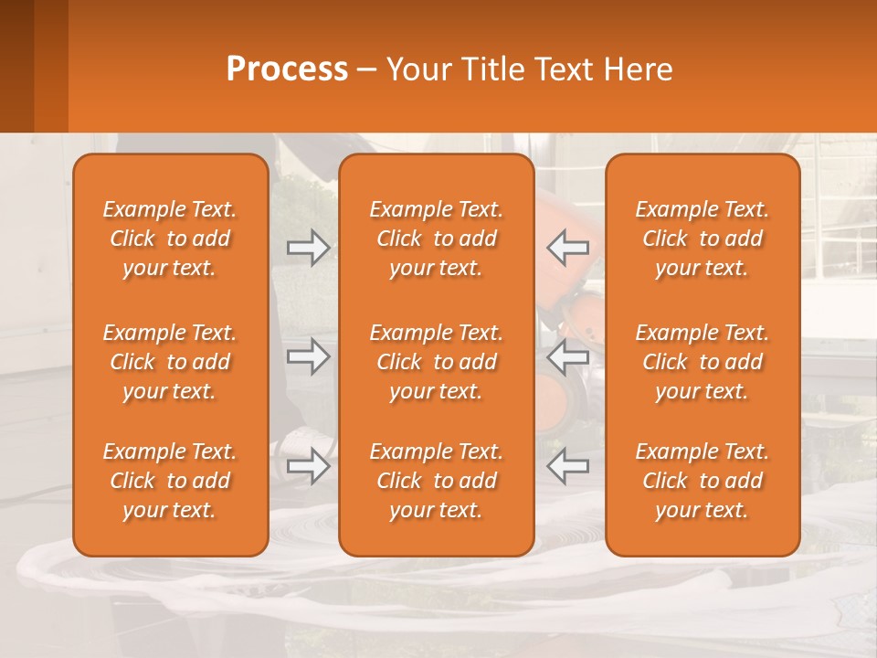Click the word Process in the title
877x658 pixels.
pyautogui.click(x=287, y=69)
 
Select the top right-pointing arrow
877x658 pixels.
pyautogui.click(x=308, y=247)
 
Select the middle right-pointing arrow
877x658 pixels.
pyautogui.click(x=308, y=356)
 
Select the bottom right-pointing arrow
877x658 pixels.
pyautogui.click(x=308, y=466)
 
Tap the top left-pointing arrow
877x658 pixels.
pyautogui.click(x=568, y=247)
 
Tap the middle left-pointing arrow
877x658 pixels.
pyautogui.click(x=568, y=356)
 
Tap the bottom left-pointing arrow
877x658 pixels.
pyautogui.click(x=568, y=466)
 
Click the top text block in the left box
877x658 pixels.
pyautogui.click(x=170, y=239)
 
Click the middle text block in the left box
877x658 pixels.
pyautogui.click(x=170, y=362)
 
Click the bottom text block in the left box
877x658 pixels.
pyautogui.click(x=170, y=481)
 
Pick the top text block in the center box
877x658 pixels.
pyautogui.click(x=436, y=239)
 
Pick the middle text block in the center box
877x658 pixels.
pyautogui.click(x=436, y=362)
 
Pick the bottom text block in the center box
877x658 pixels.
pyautogui.click(x=436, y=481)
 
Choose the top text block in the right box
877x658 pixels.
pyautogui.click(x=703, y=239)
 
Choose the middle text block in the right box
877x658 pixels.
pyautogui.click(x=703, y=362)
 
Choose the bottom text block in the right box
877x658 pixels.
pyautogui.click(x=703, y=481)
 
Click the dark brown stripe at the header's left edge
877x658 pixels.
pyautogui.click(x=16, y=66)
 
